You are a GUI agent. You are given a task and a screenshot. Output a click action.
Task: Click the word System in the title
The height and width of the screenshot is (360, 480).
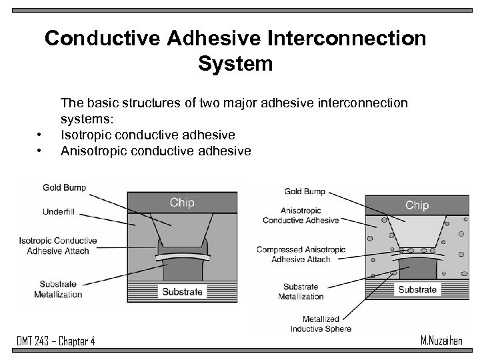[x=235, y=64]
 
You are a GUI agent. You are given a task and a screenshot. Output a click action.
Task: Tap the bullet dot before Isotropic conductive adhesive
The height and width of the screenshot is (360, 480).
[x=40, y=135]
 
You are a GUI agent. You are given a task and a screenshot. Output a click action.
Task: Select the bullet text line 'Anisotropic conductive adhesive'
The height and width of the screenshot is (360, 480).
[x=156, y=151]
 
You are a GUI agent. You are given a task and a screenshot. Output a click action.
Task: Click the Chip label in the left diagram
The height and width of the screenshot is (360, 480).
[x=182, y=203]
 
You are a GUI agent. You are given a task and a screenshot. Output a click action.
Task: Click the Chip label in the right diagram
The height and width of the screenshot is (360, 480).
[x=417, y=205]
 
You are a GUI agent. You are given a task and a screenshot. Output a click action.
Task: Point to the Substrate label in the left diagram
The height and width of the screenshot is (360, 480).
[x=181, y=292]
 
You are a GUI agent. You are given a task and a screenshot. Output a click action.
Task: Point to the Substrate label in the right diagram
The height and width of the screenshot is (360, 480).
[x=417, y=289]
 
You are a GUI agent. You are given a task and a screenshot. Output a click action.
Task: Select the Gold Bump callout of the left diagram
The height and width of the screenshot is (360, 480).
[x=65, y=187]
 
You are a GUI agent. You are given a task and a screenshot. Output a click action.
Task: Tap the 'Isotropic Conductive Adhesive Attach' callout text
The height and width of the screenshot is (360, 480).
[x=57, y=246]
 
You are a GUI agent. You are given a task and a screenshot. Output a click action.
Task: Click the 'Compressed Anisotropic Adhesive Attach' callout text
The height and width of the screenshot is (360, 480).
[x=301, y=255]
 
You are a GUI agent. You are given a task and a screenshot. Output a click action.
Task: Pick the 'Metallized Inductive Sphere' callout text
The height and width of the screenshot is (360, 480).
[x=321, y=324]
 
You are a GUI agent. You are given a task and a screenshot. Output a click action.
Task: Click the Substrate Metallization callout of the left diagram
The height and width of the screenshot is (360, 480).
[x=61, y=289]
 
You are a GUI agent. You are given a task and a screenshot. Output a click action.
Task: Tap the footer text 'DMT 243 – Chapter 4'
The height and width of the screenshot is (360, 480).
[x=56, y=341]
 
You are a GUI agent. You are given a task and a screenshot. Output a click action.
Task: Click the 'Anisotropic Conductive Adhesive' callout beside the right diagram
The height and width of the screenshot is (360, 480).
[x=301, y=215]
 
